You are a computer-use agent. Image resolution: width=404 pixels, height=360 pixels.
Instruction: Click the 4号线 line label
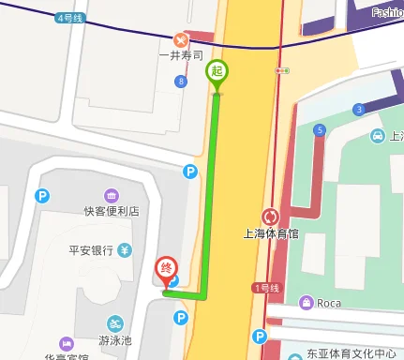69,17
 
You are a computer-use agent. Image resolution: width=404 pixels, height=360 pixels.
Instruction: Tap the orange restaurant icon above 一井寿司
181,40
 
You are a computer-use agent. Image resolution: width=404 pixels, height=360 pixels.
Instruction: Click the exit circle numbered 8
180,82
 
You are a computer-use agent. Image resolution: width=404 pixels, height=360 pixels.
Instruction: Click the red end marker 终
166,269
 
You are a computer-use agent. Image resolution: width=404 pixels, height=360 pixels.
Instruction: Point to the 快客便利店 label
111,212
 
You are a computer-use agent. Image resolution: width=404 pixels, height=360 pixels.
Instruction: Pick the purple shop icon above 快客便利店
112,195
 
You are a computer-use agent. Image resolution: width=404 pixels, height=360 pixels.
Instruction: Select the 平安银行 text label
91,250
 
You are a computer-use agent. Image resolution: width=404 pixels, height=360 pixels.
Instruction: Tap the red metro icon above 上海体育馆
271,217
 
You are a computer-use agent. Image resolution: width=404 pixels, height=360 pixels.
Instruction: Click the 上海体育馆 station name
270,234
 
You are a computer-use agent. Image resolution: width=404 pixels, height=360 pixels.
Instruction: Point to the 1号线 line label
266,287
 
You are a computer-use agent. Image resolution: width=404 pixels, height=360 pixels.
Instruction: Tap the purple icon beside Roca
306,302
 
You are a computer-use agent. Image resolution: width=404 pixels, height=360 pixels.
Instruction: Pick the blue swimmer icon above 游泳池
114,322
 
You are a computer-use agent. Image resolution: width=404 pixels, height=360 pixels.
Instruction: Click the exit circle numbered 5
321,129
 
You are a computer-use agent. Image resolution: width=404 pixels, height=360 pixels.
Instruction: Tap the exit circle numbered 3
358,110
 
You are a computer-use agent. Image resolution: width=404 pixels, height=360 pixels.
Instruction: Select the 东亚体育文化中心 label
351,354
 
